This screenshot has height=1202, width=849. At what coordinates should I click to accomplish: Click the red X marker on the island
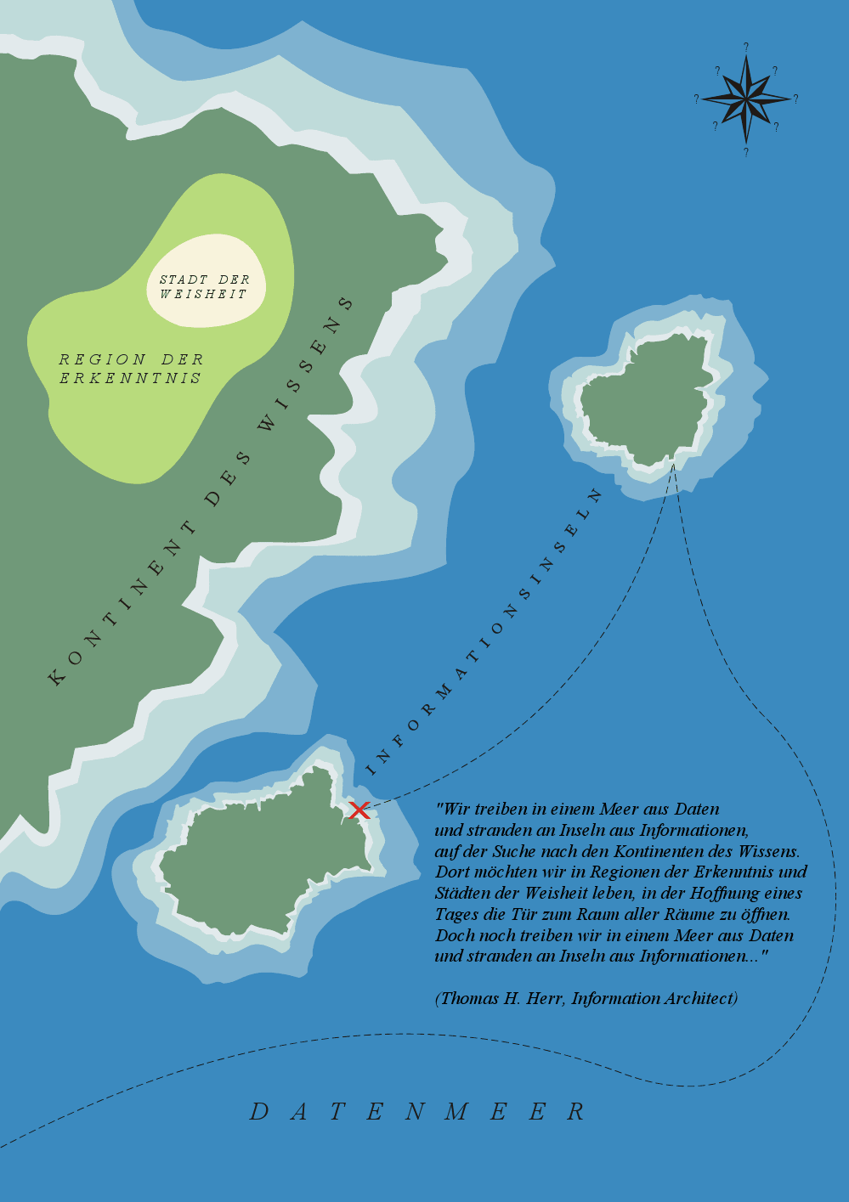pyautogui.click(x=359, y=810)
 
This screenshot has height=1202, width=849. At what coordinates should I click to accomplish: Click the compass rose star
pyautogui.click(x=745, y=99)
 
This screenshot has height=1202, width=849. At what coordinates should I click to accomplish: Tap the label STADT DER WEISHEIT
pyautogui.click(x=205, y=286)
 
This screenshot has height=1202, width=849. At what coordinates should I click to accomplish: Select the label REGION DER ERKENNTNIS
pyautogui.click(x=131, y=369)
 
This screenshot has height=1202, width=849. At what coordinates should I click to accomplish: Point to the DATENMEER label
pyautogui.click(x=417, y=1111)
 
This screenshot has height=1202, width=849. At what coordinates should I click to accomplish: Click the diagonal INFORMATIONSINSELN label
pyautogui.click(x=484, y=632)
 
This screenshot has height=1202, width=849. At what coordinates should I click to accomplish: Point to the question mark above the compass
pyautogui.click(x=745, y=48)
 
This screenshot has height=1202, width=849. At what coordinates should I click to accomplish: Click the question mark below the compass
pyautogui.click(x=745, y=153)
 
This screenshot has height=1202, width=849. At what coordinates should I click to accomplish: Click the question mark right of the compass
pyautogui.click(x=795, y=99)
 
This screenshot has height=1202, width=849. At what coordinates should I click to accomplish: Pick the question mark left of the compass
pyautogui.click(x=696, y=99)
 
